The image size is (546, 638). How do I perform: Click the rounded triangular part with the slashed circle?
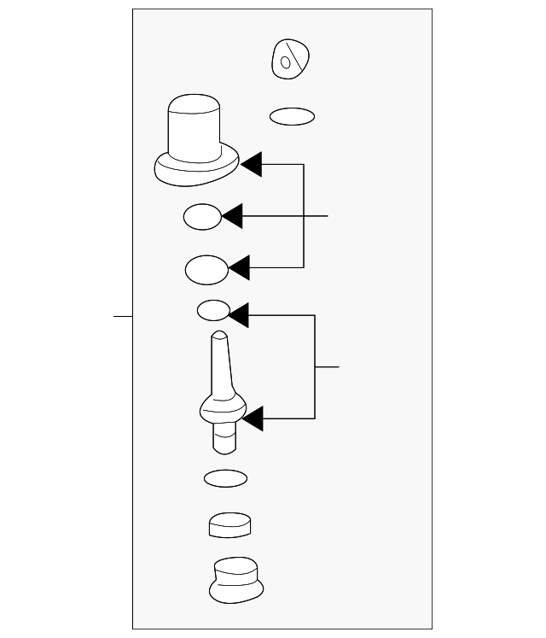pyautogui.click(x=290, y=59)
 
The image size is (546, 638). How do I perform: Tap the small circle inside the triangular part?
pyautogui.click(x=288, y=61)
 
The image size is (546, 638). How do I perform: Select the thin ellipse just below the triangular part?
pyautogui.click(x=292, y=115)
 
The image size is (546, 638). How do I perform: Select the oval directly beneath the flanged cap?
pyautogui.click(x=203, y=217)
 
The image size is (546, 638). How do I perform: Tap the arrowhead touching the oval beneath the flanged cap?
pyautogui.click(x=232, y=217)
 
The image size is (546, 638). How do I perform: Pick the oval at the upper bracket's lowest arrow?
pyautogui.click(x=206, y=271)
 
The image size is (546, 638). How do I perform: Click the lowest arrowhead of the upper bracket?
pyautogui.click(x=238, y=268)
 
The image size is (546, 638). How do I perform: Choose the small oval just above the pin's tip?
pyautogui.click(x=213, y=310)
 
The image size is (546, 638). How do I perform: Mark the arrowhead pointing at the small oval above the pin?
pyautogui.click(x=238, y=316)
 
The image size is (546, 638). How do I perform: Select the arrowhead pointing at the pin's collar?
pyautogui.click(x=253, y=419)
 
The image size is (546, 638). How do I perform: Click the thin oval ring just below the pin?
pyautogui.click(x=225, y=478)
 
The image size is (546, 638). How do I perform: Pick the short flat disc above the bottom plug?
pyautogui.click(x=229, y=524)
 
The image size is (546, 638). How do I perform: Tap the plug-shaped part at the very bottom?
pyautogui.click(x=235, y=580)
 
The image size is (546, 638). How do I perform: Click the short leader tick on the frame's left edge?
pyautogui.click(x=124, y=316)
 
